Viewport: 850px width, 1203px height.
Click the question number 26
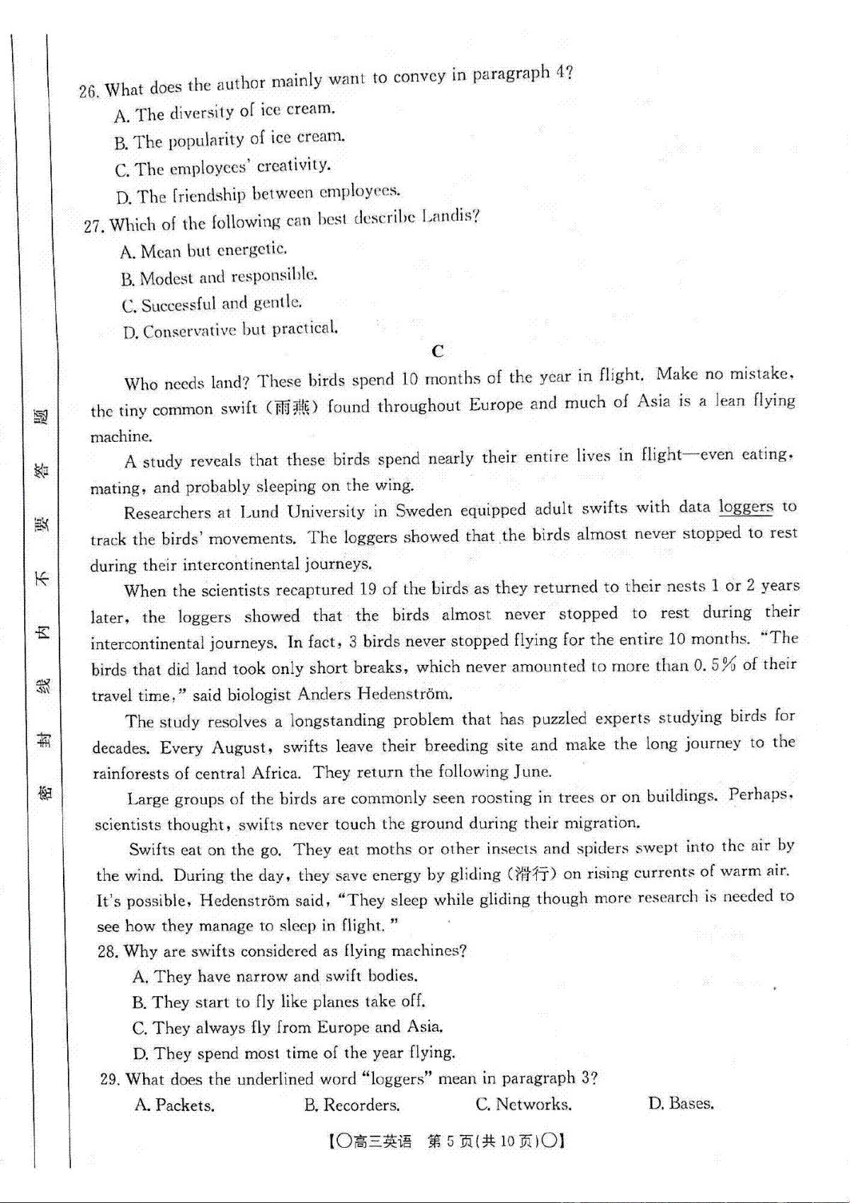[88, 91]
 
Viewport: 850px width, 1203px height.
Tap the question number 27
[93, 226]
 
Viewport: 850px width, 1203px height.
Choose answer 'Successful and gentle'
[212, 304]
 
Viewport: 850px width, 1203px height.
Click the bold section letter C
[438, 351]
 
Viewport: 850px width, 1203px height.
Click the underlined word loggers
[745, 507]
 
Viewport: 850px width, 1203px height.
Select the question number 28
[108, 952]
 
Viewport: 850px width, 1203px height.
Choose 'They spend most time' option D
[294, 1054]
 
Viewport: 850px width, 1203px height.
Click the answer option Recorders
[352, 1105]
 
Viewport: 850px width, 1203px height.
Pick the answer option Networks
[523, 1105]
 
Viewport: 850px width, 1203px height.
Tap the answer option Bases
[681, 1103]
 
